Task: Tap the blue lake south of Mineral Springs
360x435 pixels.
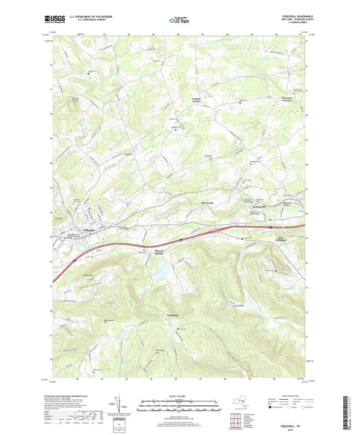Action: coord(161,272)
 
